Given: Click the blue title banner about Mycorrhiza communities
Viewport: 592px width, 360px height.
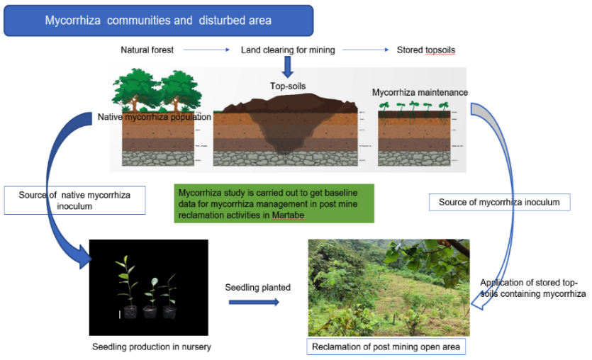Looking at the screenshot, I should (x=158, y=21).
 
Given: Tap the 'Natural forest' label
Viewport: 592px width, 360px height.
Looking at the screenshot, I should (x=147, y=50).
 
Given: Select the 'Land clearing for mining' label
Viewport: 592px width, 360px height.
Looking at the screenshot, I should (x=288, y=50).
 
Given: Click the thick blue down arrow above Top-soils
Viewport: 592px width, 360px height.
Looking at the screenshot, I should (x=288, y=67).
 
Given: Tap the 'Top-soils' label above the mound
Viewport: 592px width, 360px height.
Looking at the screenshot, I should (x=287, y=86).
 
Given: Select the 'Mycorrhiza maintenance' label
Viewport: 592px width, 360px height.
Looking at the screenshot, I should (x=420, y=93).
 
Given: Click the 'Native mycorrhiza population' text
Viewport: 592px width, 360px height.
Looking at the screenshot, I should (x=155, y=117).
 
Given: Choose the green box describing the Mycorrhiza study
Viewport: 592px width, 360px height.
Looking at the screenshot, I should (x=274, y=203).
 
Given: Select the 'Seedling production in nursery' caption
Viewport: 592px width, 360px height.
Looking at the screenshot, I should (x=152, y=347).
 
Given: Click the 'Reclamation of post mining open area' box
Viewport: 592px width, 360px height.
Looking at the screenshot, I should (x=386, y=347).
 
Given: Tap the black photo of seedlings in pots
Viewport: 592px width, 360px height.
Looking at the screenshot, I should (x=148, y=287).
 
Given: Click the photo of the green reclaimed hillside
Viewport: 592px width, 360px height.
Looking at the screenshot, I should (x=389, y=287).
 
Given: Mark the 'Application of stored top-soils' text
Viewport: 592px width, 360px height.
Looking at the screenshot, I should (x=532, y=288).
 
